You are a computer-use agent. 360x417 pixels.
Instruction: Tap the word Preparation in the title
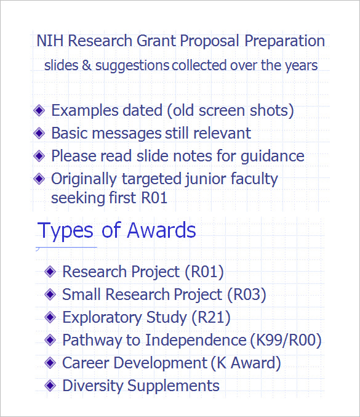(284, 41)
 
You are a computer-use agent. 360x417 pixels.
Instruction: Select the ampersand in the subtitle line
(86, 65)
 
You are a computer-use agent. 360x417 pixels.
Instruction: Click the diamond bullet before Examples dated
(39, 110)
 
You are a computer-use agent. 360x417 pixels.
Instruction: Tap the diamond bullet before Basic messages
(39, 132)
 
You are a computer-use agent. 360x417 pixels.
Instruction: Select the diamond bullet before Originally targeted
(39, 179)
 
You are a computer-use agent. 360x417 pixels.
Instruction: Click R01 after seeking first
(153, 198)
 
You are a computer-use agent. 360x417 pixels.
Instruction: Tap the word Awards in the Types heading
(161, 230)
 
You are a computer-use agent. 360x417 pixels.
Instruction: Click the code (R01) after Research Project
(204, 272)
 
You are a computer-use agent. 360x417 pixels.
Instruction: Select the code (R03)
(246, 294)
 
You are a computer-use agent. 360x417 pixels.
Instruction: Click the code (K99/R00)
(286, 340)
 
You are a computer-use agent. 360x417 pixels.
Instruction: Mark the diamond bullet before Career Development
(50, 363)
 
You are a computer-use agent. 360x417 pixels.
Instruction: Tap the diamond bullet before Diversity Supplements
(50, 386)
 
